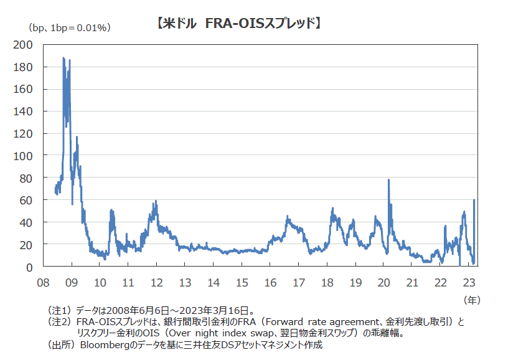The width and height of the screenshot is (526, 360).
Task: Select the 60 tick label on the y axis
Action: click(x=27, y=200)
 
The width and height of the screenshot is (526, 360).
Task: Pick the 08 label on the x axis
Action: click(x=44, y=282)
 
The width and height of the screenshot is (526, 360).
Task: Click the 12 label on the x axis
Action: click(x=156, y=282)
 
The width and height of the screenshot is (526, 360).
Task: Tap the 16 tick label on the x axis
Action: click(x=270, y=282)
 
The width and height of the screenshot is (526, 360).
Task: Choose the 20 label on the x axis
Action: click(x=383, y=282)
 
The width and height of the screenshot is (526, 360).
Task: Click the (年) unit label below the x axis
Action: click(x=472, y=300)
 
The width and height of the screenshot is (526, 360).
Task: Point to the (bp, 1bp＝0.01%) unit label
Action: click(x=68, y=27)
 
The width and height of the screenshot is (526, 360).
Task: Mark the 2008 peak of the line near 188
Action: click(x=63, y=58)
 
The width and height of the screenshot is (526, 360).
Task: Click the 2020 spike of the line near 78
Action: click(x=388, y=180)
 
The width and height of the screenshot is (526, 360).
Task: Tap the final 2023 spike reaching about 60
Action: click(x=474, y=200)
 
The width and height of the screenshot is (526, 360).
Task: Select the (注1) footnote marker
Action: click(x=60, y=310)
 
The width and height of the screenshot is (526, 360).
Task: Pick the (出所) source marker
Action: click(x=60, y=344)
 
